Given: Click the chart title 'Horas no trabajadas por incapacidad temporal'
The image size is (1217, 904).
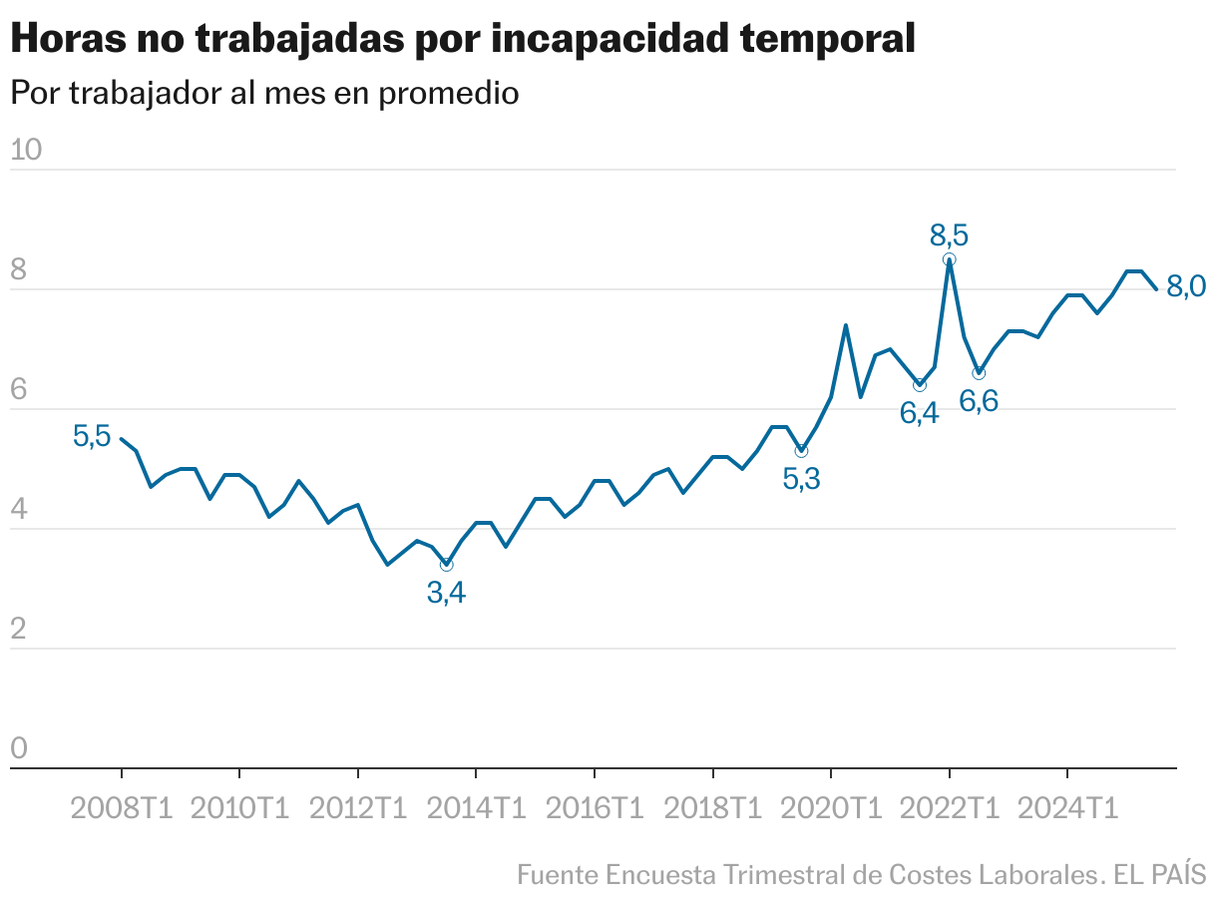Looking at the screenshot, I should [x=462, y=40].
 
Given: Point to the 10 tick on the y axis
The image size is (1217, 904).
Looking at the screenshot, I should [x=26, y=151].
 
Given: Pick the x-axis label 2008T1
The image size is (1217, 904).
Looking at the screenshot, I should [x=122, y=808].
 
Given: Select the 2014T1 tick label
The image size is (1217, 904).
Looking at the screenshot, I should [x=476, y=808].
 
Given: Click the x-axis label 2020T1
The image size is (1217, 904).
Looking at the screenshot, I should [x=831, y=808].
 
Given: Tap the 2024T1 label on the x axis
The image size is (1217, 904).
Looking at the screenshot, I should [x=1067, y=808].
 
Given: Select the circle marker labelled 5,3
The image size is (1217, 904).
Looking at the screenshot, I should [x=801, y=452].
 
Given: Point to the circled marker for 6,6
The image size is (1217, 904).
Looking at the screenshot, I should [x=979, y=373].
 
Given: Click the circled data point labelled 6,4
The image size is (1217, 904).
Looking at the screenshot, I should [x=920, y=385].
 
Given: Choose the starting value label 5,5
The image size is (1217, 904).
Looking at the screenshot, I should [x=91, y=436].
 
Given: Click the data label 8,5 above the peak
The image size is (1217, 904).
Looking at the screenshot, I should [x=949, y=236].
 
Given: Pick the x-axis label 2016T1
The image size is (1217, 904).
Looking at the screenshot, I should [x=595, y=808].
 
